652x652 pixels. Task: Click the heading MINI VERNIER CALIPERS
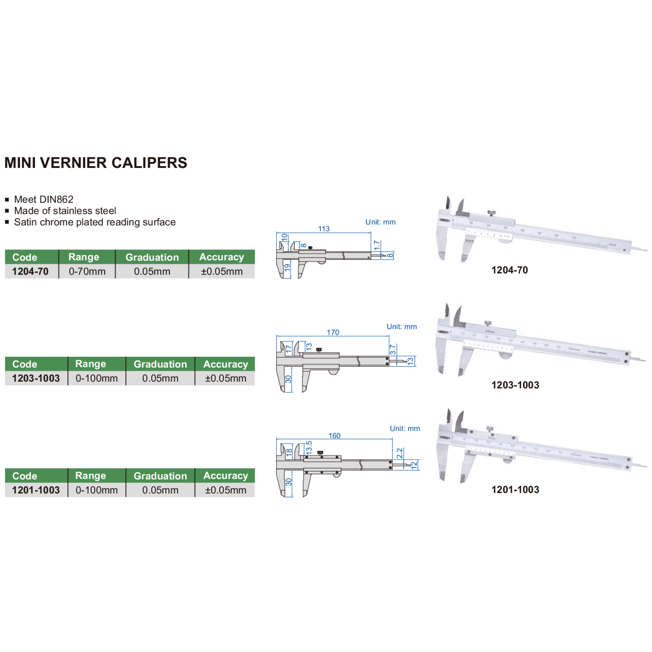click(96, 163)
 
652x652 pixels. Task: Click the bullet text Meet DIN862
click(43, 199)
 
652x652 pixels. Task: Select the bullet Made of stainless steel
click(65, 211)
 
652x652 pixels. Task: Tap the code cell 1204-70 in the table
click(30, 271)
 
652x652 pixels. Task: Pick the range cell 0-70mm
click(87, 271)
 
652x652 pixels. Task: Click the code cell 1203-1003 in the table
click(36, 378)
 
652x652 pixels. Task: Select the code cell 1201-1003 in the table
click(36, 490)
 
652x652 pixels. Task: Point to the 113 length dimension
click(324, 229)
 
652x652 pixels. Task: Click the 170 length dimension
click(333, 332)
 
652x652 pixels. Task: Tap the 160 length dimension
click(335, 436)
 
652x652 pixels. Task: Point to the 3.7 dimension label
click(393, 350)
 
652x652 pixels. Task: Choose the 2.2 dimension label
click(399, 453)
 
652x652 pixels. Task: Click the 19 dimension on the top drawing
click(287, 268)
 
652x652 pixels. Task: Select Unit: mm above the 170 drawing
click(402, 326)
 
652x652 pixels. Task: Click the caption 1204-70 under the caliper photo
click(509, 270)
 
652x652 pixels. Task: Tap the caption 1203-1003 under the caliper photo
click(515, 385)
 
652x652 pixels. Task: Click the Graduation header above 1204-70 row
click(152, 257)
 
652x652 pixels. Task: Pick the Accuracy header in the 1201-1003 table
click(225, 476)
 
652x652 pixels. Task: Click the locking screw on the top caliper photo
click(491, 213)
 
